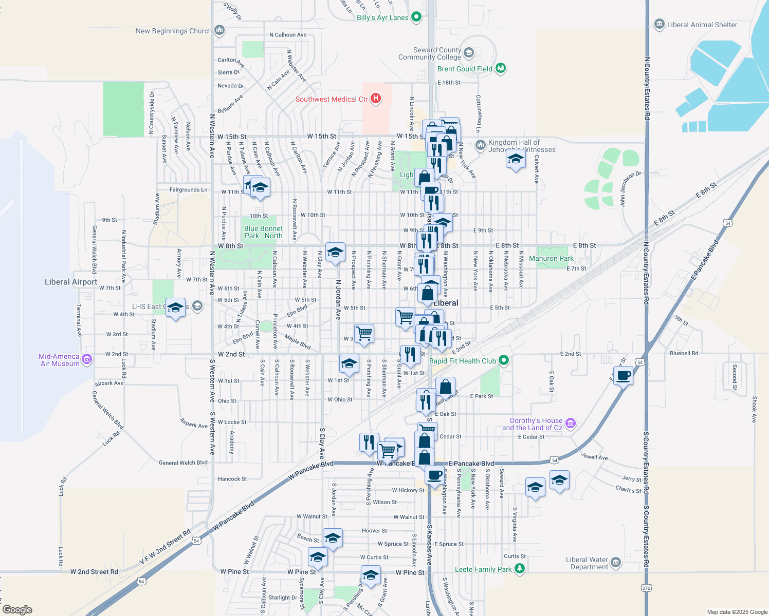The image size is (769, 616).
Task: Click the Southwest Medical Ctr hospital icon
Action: pyautogui.click(x=376, y=99)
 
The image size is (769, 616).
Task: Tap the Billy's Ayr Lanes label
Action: pyautogui.click(x=382, y=17)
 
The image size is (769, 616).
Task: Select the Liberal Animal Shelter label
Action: pyautogui.click(x=702, y=25)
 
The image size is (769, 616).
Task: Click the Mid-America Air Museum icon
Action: pyautogui.click(x=87, y=359)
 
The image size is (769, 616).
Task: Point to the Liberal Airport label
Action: pyautogui.click(x=71, y=282)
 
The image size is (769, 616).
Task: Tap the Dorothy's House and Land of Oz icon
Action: pyautogui.click(x=570, y=423)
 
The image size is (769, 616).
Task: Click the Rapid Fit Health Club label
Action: pyautogui.click(x=463, y=361)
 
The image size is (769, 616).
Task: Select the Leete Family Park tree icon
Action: pyautogui.click(x=520, y=568)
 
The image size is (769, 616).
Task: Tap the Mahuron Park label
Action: pyautogui.click(x=551, y=258)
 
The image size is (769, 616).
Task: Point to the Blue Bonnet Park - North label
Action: pyautogui.click(x=263, y=232)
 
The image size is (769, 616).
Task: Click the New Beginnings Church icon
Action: pyautogui.click(x=219, y=30)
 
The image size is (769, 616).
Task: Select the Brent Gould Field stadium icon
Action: pyautogui.click(x=501, y=68)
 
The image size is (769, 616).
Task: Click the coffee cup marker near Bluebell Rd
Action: pyautogui.click(x=623, y=376)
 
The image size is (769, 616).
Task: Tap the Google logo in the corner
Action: pyautogui.click(x=17, y=609)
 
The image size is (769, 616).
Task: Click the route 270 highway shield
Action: pyautogui.click(x=646, y=588)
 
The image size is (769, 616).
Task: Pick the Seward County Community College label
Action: pyautogui.click(x=430, y=53)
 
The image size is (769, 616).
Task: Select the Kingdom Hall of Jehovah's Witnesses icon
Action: pyautogui.click(x=480, y=145)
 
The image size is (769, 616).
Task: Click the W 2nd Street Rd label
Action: pyautogui.click(x=94, y=571)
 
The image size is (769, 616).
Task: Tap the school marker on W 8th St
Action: pyautogui.click(x=335, y=253)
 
